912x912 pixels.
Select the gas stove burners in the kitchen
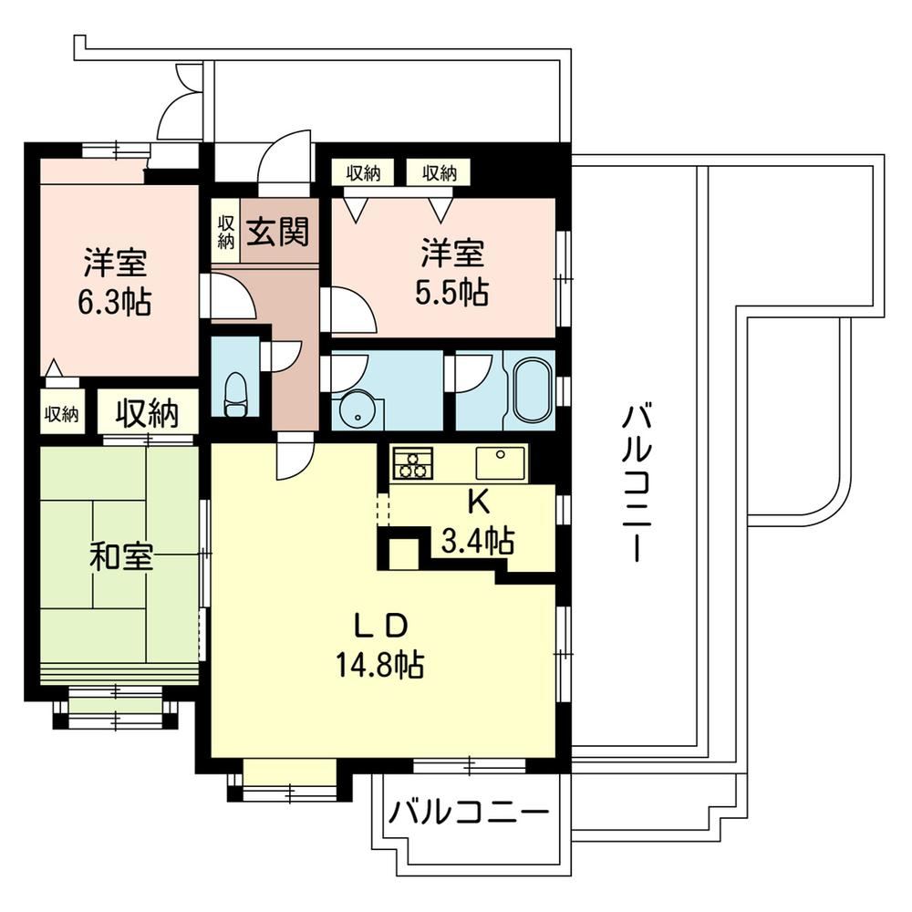412,463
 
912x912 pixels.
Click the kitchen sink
500,463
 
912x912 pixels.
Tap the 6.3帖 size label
115,303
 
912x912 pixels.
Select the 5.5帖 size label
451,293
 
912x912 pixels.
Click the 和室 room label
121,556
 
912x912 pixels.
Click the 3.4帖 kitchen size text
478,540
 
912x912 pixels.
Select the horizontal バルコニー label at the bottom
469,812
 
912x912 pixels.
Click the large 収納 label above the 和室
147,413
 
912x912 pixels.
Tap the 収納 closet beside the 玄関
225,232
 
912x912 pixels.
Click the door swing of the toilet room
281,357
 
